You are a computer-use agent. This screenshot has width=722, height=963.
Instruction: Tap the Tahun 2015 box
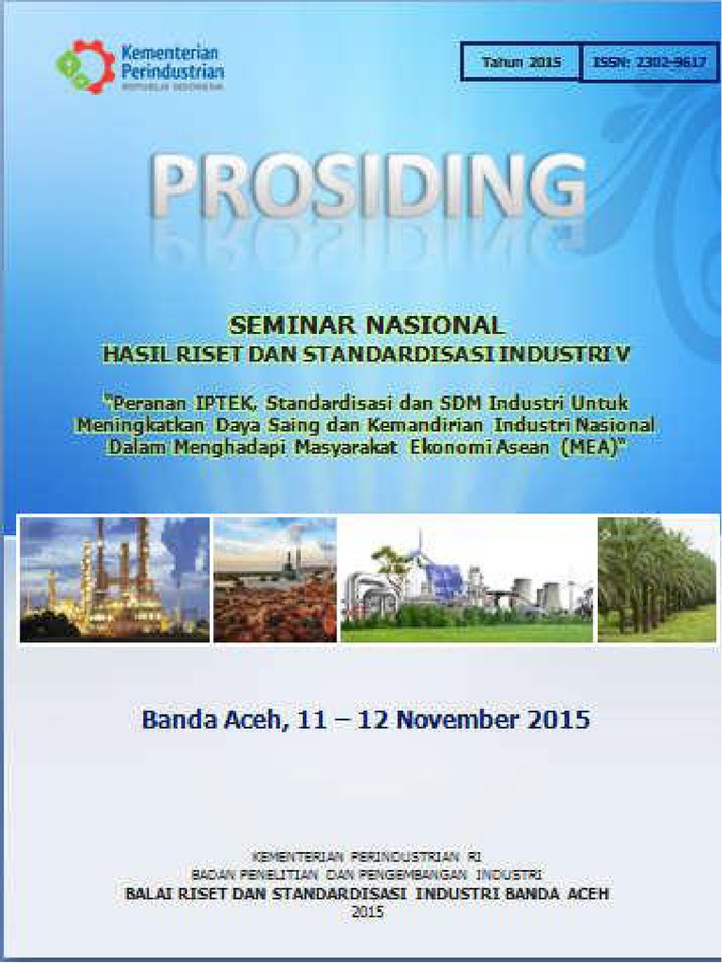click(521, 63)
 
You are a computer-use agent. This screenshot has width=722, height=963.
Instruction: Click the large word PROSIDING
click(367, 188)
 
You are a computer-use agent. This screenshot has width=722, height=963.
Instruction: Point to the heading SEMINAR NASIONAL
click(367, 326)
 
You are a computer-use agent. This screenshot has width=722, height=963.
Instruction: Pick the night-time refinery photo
click(114, 579)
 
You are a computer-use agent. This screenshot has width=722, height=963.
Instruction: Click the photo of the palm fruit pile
click(275, 579)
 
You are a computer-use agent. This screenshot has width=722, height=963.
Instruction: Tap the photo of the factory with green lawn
click(467, 579)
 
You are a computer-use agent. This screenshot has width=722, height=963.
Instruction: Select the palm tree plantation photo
click(657, 579)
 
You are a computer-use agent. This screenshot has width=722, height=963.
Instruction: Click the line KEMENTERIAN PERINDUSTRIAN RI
click(368, 857)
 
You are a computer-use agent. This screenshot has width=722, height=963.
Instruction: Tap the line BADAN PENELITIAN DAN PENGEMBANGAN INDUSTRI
click(368, 875)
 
